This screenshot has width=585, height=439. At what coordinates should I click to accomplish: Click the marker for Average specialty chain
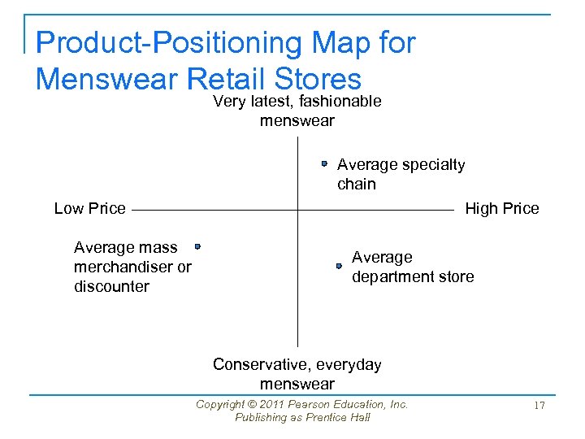pos(323,163)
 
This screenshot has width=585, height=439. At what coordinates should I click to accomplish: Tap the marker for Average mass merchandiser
pos(197,246)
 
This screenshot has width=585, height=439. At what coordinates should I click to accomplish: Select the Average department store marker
pos(340,266)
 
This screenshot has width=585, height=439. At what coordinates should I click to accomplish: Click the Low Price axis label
pos(89,208)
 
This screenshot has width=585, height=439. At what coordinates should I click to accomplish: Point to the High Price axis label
pos(501,208)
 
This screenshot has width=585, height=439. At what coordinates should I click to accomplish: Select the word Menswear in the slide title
pos(107,79)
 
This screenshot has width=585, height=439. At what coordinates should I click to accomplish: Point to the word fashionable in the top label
pos(341,101)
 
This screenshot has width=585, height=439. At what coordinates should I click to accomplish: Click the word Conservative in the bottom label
pos(255,364)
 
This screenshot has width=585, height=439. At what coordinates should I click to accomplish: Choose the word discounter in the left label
pos(111,286)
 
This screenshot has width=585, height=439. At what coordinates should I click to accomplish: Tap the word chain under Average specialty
pos(356,184)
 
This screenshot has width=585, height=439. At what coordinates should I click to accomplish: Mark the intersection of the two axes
pos(297,210)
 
